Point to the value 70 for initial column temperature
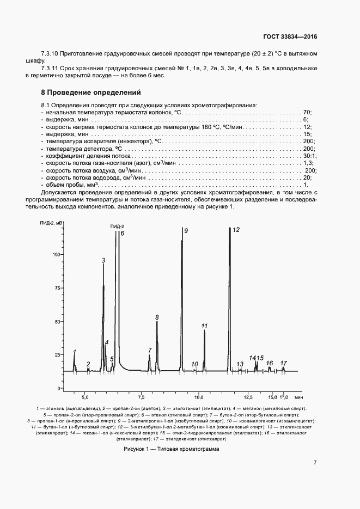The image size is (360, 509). tap(307, 112)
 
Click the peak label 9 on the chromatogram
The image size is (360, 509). tap(186, 231)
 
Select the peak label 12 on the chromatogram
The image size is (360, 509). tap(236, 230)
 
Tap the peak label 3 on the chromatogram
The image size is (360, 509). tap(103, 261)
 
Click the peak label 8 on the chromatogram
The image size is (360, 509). tap(157, 317)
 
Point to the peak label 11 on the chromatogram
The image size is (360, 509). tap(204, 326)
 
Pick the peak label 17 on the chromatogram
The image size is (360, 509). tap(283, 363)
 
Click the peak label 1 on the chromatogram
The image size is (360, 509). tap(75, 352)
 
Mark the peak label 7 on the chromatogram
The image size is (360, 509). tap(150, 350)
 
